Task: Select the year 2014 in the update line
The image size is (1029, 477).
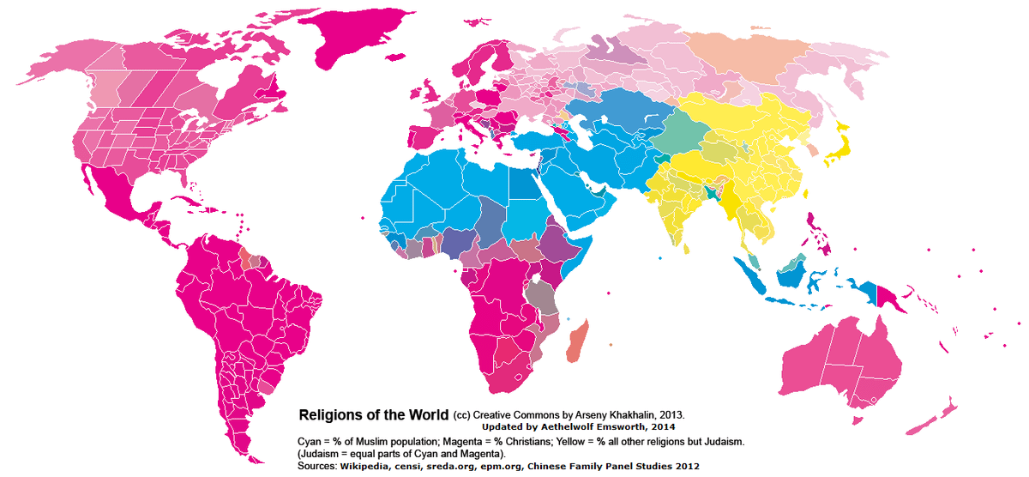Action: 663,427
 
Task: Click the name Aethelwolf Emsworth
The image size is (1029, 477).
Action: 588,427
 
